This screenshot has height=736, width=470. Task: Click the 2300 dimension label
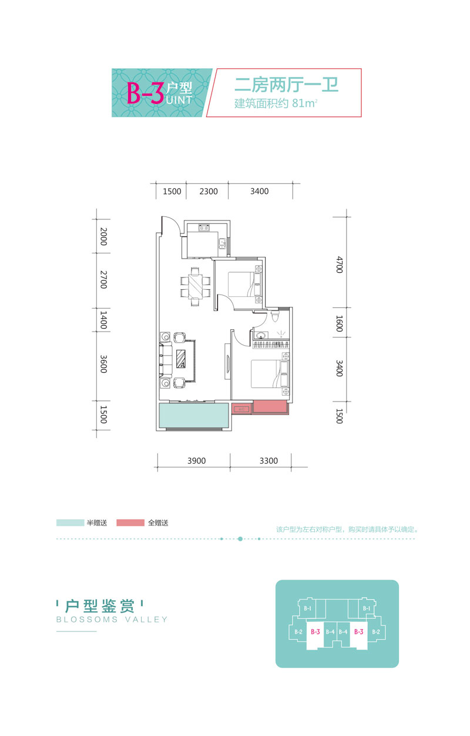pyautogui.click(x=208, y=191)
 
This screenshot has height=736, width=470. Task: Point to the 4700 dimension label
pyautogui.click(x=339, y=265)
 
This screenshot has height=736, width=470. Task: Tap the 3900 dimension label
pyautogui.click(x=196, y=461)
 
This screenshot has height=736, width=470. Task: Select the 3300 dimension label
pyautogui.click(x=268, y=461)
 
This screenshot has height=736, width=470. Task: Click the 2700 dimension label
pyautogui.click(x=103, y=280)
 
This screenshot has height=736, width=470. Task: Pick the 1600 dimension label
pyautogui.click(x=339, y=324)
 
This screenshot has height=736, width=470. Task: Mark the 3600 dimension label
pyautogui.click(x=103, y=364)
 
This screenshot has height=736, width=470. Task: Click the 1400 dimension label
pyautogui.click(x=103, y=320)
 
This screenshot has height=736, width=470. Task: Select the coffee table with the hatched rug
pyautogui.click(x=181, y=359)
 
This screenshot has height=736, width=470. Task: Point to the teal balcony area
pyautogui.click(x=194, y=416)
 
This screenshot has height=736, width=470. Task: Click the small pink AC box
pyautogui.click(x=241, y=409)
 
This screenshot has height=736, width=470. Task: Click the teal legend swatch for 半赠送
pyautogui.click(x=70, y=523)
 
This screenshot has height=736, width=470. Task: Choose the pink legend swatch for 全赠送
pyautogui.click(x=130, y=523)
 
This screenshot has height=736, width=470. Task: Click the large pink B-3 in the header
pyautogui.click(x=146, y=93)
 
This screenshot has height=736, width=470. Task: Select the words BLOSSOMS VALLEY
pyautogui.click(x=112, y=620)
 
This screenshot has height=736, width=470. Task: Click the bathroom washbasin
pyautogui.click(x=261, y=336)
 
